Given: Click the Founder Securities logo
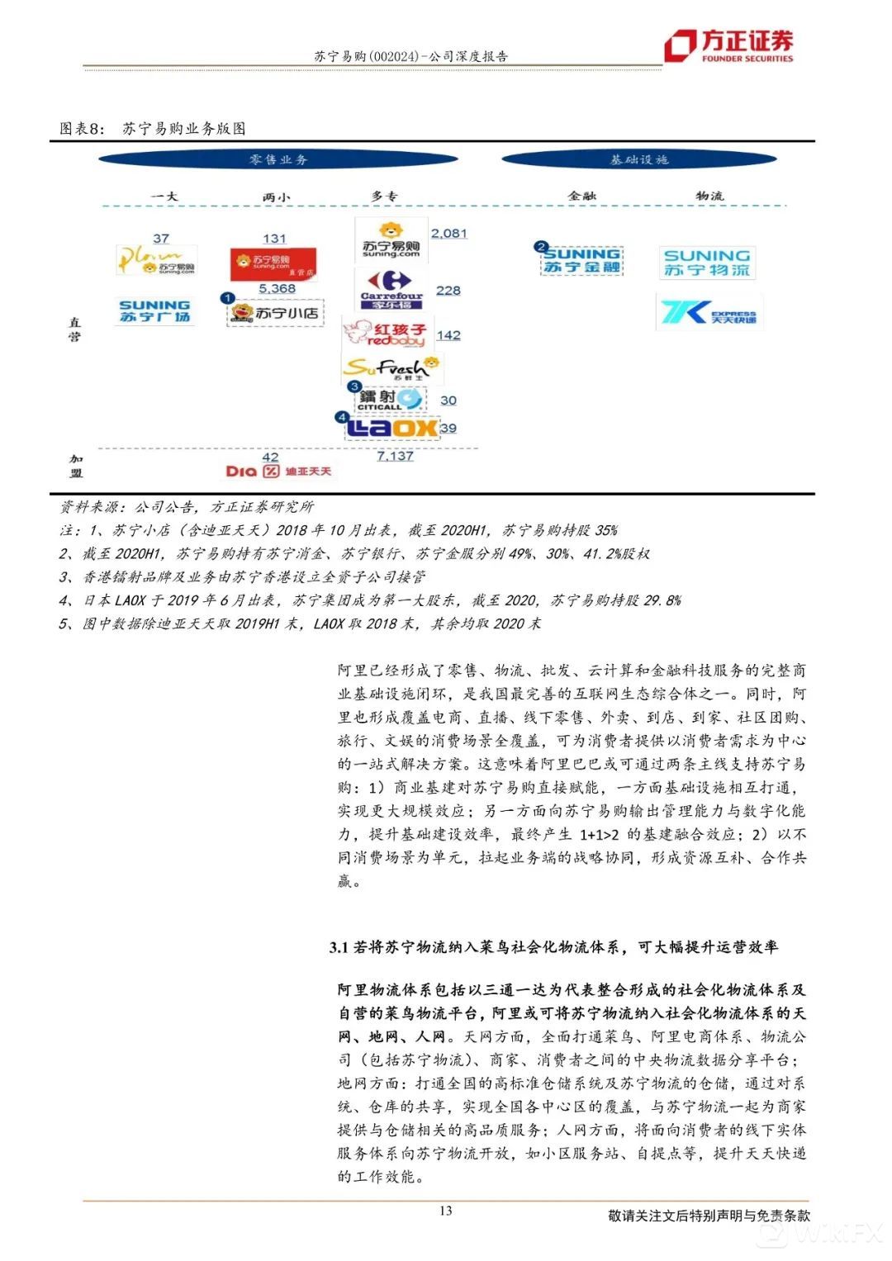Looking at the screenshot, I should [x=729, y=45].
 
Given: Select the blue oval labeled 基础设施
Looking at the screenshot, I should [x=638, y=159].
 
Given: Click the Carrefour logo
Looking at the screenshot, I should [x=391, y=289].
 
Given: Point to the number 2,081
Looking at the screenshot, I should [x=448, y=234].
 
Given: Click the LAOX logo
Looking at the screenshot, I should [x=391, y=427].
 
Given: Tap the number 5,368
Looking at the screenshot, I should [x=277, y=288].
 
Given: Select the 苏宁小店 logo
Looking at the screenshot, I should [x=275, y=313].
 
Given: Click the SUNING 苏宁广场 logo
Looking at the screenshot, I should [x=154, y=311].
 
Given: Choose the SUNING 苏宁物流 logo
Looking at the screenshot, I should [x=707, y=263].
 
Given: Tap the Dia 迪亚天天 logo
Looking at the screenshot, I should [x=278, y=471].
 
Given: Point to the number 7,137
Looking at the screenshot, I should [x=395, y=456].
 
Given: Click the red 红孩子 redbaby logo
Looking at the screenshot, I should [x=385, y=334].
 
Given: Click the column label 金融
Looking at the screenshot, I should [x=581, y=196].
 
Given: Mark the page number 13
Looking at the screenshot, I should [x=445, y=1211].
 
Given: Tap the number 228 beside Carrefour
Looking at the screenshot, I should [x=448, y=291].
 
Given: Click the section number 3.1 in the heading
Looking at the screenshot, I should [x=339, y=947].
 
